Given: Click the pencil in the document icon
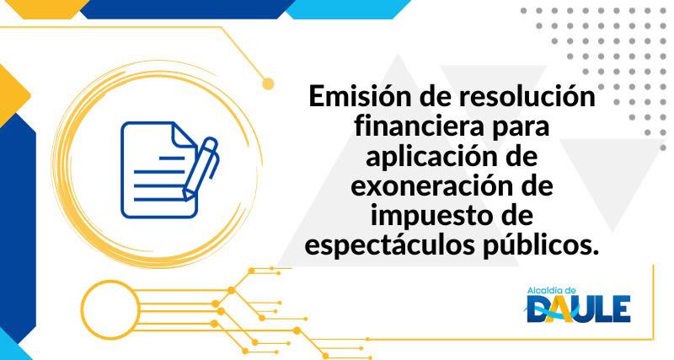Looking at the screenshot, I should click(203, 165).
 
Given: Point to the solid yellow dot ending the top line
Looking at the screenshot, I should click(269, 83).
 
